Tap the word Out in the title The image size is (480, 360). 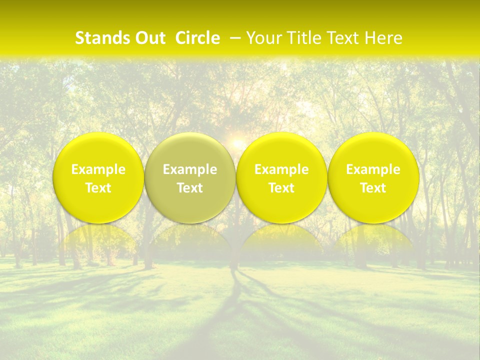click(x=149, y=38)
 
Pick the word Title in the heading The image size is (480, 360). click(x=304, y=38)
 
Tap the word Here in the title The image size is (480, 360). click(x=384, y=38)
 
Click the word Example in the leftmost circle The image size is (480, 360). click(x=98, y=170)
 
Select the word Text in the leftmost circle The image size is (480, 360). click(x=98, y=188)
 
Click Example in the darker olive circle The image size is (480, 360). click(x=190, y=170)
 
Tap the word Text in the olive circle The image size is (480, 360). click(x=190, y=188)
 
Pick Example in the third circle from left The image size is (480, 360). click(x=281, y=170)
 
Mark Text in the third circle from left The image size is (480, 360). click(x=281, y=188)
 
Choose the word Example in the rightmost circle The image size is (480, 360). click(x=373, y=170)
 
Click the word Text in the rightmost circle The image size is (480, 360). click(x=373, y=188)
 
